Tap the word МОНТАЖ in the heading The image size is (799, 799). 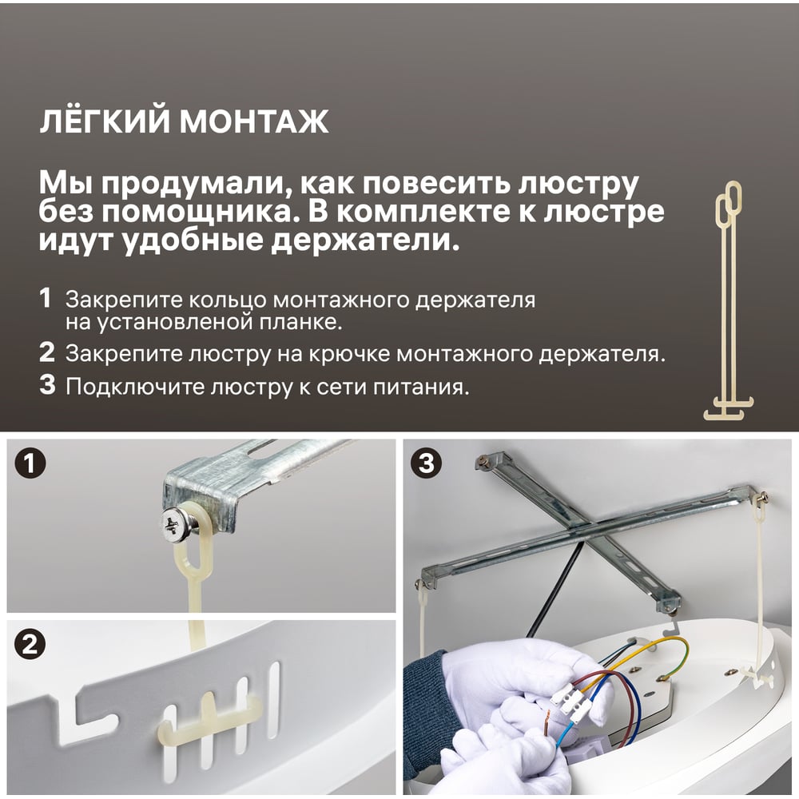[254, 121]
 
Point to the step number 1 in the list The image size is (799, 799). [46, 298]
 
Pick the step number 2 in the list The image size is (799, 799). [47, 352]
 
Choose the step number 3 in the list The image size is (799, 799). [47, 385]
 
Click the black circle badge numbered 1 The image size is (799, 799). [30, 463]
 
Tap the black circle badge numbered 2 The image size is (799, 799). [30, 644]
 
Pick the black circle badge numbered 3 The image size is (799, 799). [426, 463]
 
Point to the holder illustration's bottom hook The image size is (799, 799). [728, 411]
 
